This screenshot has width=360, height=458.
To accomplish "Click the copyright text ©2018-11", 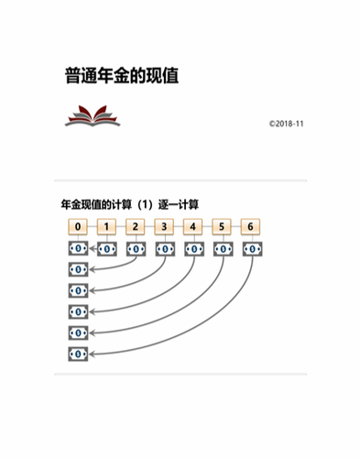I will pyautogui.click(x=286, y=124).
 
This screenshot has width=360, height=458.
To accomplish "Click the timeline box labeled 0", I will pyautogui.click(x=79, y=226).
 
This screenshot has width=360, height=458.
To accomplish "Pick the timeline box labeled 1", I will pyautogui.click(x=107, y=226).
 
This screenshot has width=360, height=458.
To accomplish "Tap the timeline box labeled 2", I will pyautogui.click(x=136, y=226).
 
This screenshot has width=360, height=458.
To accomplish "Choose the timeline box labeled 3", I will pyautogui.click(x=165, y=226).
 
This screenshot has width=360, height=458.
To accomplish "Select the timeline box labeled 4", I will pyautogui.click(x=193, y=226).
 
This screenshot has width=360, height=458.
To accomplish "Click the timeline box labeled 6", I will pyautogui.click(x=251, y=226).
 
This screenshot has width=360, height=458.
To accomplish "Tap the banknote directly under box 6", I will pyautogui.click(x=251, y=247).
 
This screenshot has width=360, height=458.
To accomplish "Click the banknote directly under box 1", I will pyautogui.click(x=107, y=247).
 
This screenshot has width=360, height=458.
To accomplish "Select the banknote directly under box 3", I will pyautogui.click(x=165, y=247).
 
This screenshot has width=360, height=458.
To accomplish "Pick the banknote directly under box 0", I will pyautogui.click(x=79, y=247).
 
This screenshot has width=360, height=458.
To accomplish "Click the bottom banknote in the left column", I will pyautogui.click(x=79, y=354).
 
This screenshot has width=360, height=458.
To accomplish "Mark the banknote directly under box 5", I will pyautogui.click(x=223, y=247).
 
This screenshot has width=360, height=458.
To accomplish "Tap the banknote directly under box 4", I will pyautogui.click(x=193, y=247).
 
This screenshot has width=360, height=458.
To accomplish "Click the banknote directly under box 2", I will pyautogui.click(x=136, y=247).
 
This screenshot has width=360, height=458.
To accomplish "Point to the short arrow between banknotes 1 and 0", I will pyautogui.click(x=93, y=247).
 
